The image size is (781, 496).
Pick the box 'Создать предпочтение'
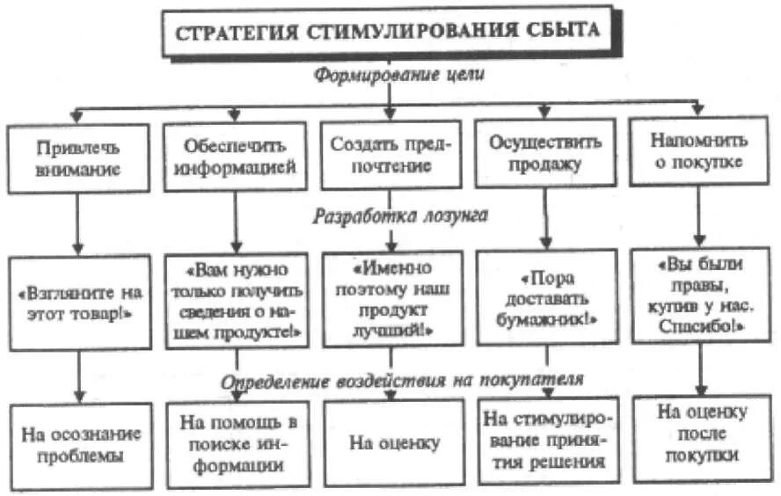tap(390, 155)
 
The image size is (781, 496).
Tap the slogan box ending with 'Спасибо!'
tap(699, 295)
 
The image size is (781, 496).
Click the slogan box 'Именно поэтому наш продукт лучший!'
tap(390, 295)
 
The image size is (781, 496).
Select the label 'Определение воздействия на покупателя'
tap(402, 379)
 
